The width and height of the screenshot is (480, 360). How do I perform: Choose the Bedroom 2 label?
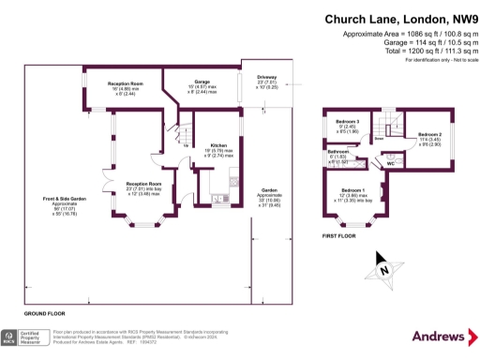430,135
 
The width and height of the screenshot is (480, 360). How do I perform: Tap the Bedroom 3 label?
348,122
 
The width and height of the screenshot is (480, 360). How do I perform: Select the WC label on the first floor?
390,164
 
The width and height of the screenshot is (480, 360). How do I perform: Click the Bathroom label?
338,151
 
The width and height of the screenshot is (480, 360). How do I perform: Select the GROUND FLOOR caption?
43,311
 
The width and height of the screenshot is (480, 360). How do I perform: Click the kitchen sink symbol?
217,198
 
